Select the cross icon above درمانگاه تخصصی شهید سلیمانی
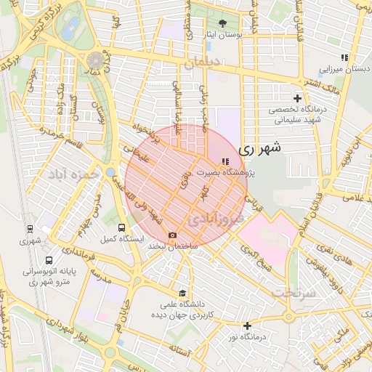point(296,98)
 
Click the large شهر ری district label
point(259,148)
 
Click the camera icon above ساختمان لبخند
point(172,235)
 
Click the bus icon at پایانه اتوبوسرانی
point(48,260)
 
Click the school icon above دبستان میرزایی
point(344,57)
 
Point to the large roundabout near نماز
point(96,60)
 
